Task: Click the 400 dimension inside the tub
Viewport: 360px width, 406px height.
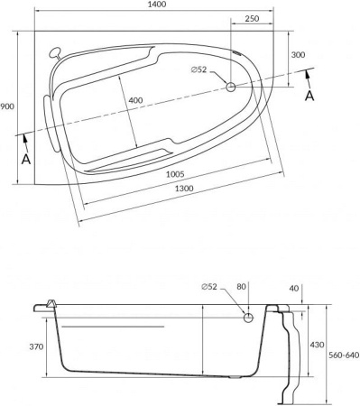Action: click(134, 99)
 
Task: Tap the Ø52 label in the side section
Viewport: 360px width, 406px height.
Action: click(209, 286)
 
